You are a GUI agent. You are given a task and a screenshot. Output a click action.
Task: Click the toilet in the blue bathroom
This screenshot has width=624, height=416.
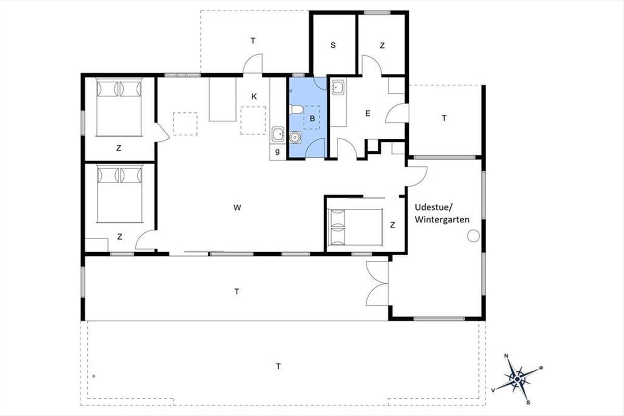(296, 110)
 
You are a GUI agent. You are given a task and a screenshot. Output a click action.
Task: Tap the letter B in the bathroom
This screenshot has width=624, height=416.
(313, 119)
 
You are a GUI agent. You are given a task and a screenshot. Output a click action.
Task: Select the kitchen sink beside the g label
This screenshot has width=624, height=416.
(278, 134)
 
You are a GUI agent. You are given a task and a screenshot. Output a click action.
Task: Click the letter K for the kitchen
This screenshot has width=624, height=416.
(254, 96)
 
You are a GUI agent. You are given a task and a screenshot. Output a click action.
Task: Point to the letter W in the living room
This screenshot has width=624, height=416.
(237, 207)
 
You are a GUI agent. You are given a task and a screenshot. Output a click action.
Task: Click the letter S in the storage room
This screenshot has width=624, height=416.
(333, 45)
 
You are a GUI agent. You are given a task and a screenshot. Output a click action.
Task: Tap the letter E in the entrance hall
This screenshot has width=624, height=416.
(368, 113)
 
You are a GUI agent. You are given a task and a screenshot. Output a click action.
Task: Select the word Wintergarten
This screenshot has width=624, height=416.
(442, 219)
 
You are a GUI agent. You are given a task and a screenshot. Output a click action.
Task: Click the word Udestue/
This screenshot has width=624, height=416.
(434, 207)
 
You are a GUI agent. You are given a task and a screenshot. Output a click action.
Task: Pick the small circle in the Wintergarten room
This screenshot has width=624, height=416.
(473, 236)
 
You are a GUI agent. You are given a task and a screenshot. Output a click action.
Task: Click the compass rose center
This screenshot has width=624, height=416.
(517, 379)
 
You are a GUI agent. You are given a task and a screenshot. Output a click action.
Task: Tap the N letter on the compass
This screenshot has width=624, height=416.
(506, 356)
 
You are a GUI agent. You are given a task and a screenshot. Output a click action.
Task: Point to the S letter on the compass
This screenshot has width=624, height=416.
(528, 402)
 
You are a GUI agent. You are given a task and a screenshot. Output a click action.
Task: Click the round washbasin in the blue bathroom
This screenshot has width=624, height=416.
(294, 137)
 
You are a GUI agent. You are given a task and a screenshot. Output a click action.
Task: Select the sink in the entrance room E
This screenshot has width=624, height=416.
(338, 87)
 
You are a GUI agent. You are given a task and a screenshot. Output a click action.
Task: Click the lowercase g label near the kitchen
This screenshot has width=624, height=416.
(278, 151)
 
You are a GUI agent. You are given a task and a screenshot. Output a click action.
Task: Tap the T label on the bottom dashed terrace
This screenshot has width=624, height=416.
(278, 366)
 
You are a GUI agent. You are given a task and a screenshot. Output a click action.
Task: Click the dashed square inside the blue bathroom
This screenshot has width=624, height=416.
(311, 118)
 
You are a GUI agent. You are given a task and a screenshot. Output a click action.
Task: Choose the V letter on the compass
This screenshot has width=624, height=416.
(493, 391)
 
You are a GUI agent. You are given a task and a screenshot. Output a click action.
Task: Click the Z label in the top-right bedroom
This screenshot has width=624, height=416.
(382, 45)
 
